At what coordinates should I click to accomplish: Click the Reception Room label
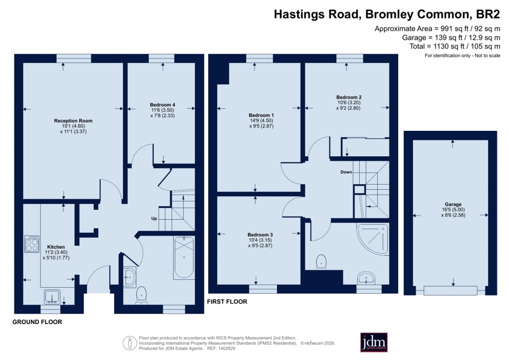coord(73,121)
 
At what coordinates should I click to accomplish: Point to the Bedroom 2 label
coord(349,97)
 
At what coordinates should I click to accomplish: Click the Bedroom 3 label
coord(260,234)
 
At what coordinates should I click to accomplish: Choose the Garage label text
coord(453,204)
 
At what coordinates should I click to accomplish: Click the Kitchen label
coord(56,247)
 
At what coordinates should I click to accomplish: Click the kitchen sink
coord(52,297)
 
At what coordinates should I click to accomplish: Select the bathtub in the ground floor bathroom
coord(184,258)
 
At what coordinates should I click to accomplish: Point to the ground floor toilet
coord(142,295)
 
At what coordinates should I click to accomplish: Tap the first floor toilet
coord(322,261)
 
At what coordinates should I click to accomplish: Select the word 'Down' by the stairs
coord(346,172)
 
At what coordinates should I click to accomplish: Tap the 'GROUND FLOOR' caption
coord(37,323)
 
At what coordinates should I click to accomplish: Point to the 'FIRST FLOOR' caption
coord(228,302)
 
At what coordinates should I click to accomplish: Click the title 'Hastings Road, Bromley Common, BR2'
coord(387,14)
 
